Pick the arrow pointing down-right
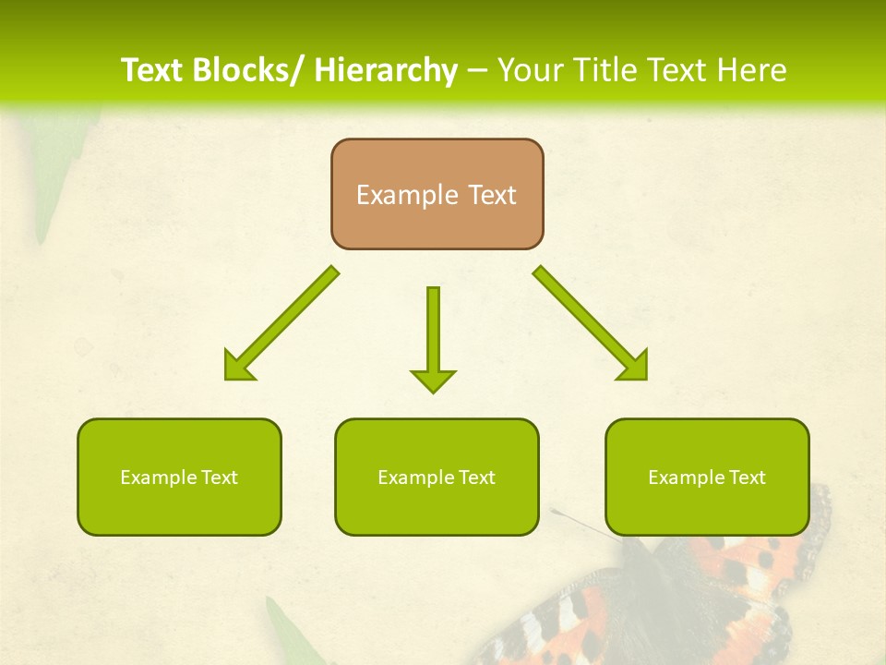coord(591,323)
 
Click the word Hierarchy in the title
coord(386,70)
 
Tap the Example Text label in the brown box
coord(437,195)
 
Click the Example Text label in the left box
coord(179,478)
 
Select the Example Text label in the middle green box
coord(437,478)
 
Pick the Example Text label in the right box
coord(707,478)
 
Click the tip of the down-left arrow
coord(227,378)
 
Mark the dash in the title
coord(477,70)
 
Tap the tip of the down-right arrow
coord(645,378)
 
